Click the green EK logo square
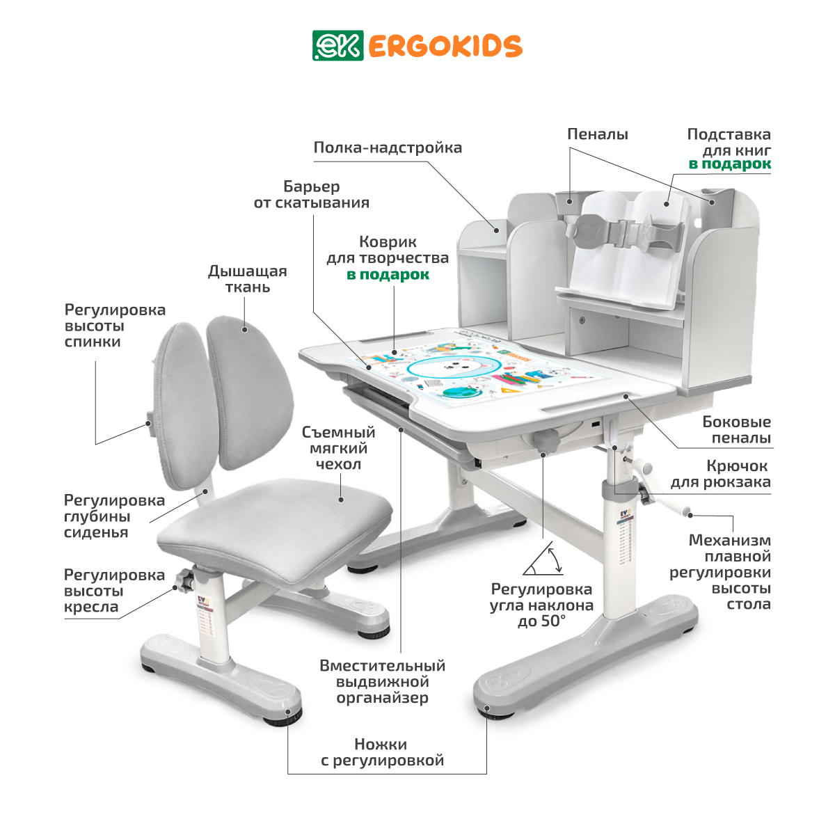(x=337, y=45)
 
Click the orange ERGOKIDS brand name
(x=445, y=47)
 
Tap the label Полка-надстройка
(x=388, y=148)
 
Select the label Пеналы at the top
(x=598, y=134)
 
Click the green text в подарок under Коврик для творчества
(x=388, y=274)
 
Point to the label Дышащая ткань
(x=248, y=279)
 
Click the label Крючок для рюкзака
(x=721, y=474)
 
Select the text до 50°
(x=541, y=621)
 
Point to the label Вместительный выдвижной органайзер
(x=382, y=682)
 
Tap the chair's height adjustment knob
(x=185, y=581)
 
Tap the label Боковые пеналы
(x=737, y=429)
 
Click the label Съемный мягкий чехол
(x=338, y=448)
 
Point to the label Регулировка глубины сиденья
(x=114, y=516)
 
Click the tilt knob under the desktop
(x=545, y=440)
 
